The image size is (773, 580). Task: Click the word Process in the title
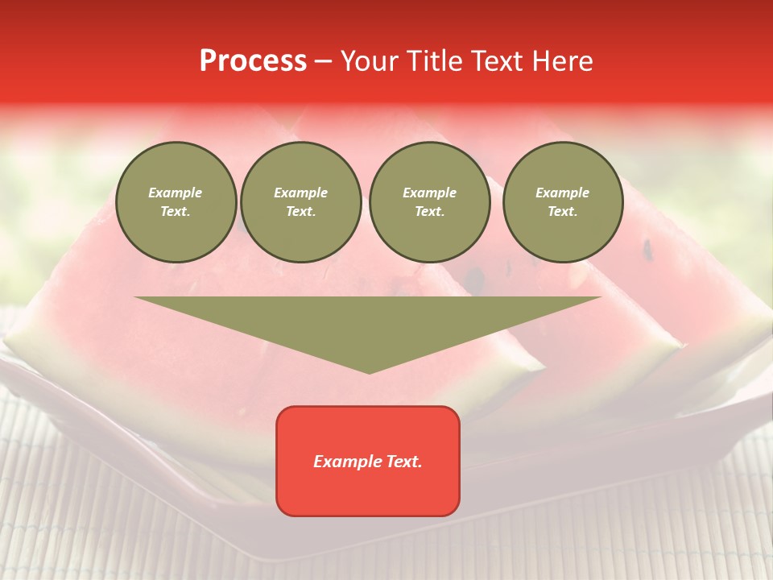[253, 61]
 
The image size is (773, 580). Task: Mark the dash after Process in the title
[324, 62]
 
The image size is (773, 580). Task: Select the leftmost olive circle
[176, 202]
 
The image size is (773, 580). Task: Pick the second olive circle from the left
[301, 202]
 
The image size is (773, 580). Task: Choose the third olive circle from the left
[429, 202]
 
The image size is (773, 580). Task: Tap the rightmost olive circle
[563, 202]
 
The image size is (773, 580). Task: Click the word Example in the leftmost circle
[176, 193]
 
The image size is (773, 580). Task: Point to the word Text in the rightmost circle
[562, 212]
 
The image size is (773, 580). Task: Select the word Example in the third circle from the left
[429, 193]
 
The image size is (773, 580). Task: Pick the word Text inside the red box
[404, 462]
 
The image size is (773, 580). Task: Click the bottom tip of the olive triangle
[370, 372]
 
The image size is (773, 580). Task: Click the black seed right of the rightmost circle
[647, 250]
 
